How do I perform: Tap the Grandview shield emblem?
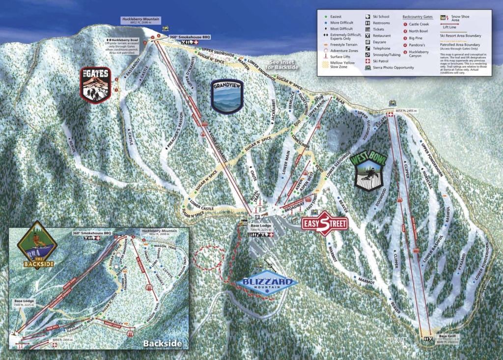[227, 96]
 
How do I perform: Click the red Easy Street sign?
[324, 224]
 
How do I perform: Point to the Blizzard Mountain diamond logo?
[267, 282]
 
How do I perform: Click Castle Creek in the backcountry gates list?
[419, 24]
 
